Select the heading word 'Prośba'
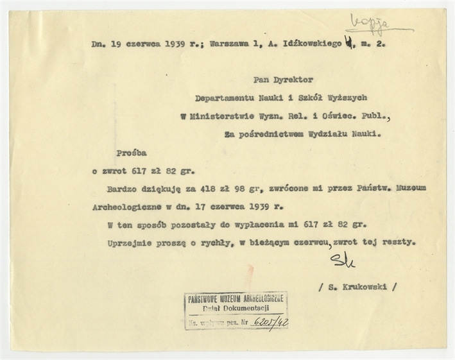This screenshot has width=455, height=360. pyautogui.click(x=132, y=154)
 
